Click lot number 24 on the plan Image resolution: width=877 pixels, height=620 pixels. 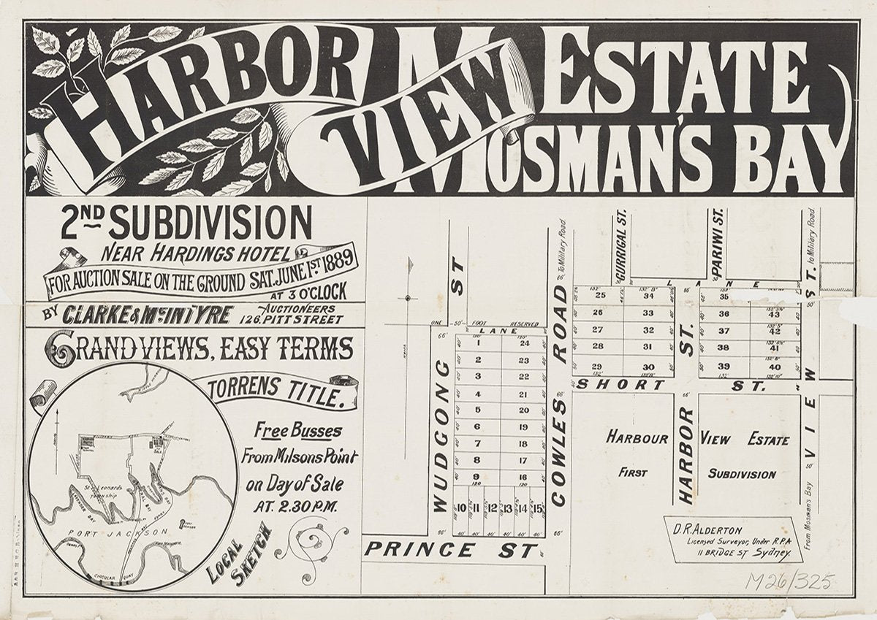(524, 343)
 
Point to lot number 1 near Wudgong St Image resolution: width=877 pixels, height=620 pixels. (477, 343)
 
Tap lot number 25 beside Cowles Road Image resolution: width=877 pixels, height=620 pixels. (600, 296)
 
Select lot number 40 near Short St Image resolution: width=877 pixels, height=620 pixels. (775, 366)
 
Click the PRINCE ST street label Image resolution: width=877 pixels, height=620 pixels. (450, 551)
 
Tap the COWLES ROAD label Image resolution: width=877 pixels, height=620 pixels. (560, 394)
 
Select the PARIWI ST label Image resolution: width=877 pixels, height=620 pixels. (718, 246)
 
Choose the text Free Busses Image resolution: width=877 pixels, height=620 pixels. (297, 430)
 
